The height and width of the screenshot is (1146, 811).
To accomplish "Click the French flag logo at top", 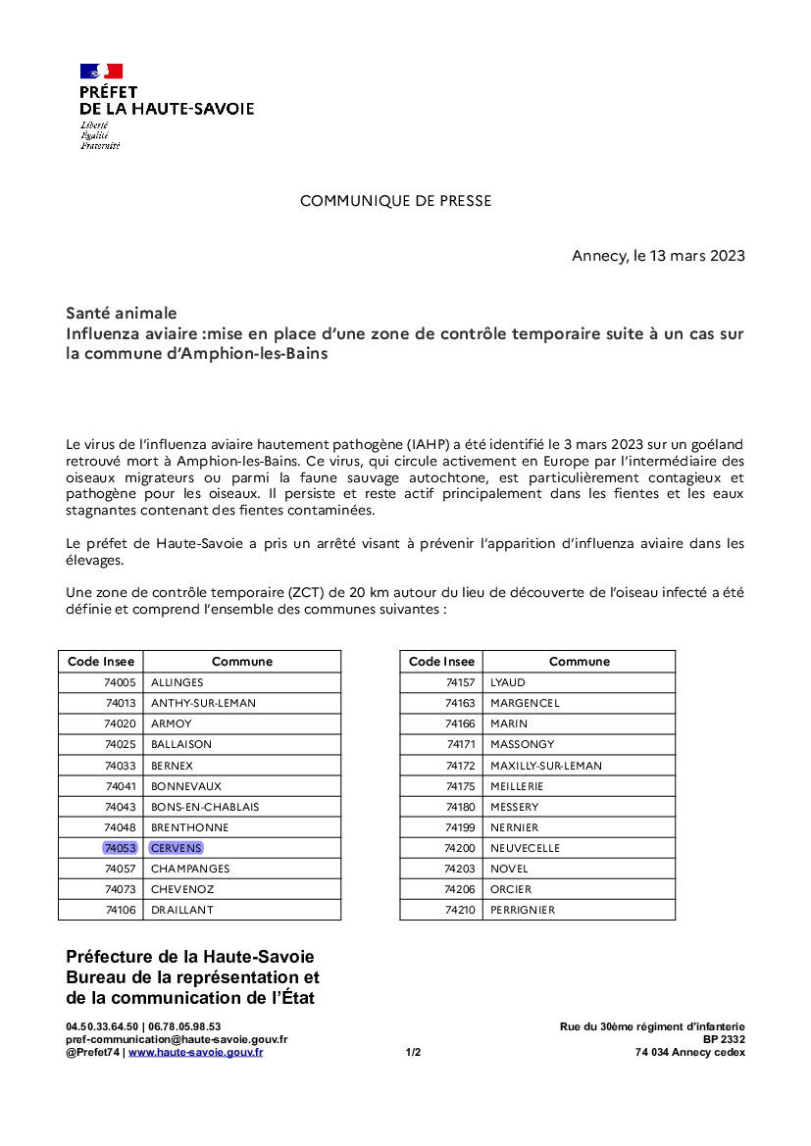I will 101,71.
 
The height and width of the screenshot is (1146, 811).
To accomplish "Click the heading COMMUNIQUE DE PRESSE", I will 395,201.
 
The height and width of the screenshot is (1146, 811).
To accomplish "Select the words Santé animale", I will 122,314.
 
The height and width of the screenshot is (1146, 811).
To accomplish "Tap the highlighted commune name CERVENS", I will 177,848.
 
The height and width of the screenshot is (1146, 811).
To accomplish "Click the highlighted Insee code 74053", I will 120,848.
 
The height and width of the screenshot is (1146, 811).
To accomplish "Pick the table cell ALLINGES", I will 177,682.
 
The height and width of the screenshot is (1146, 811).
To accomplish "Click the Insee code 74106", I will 120,910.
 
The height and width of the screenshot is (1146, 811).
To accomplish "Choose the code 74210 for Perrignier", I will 459,910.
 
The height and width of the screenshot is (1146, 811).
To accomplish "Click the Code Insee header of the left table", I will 101,662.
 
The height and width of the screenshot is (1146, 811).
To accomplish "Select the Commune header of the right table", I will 579,662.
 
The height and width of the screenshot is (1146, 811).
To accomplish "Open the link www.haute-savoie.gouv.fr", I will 195,1052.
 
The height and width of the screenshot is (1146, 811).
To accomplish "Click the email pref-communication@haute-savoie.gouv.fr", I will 177,1039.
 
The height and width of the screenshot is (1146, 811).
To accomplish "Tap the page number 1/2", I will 413,1052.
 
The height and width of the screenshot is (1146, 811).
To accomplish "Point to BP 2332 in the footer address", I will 724,1039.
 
